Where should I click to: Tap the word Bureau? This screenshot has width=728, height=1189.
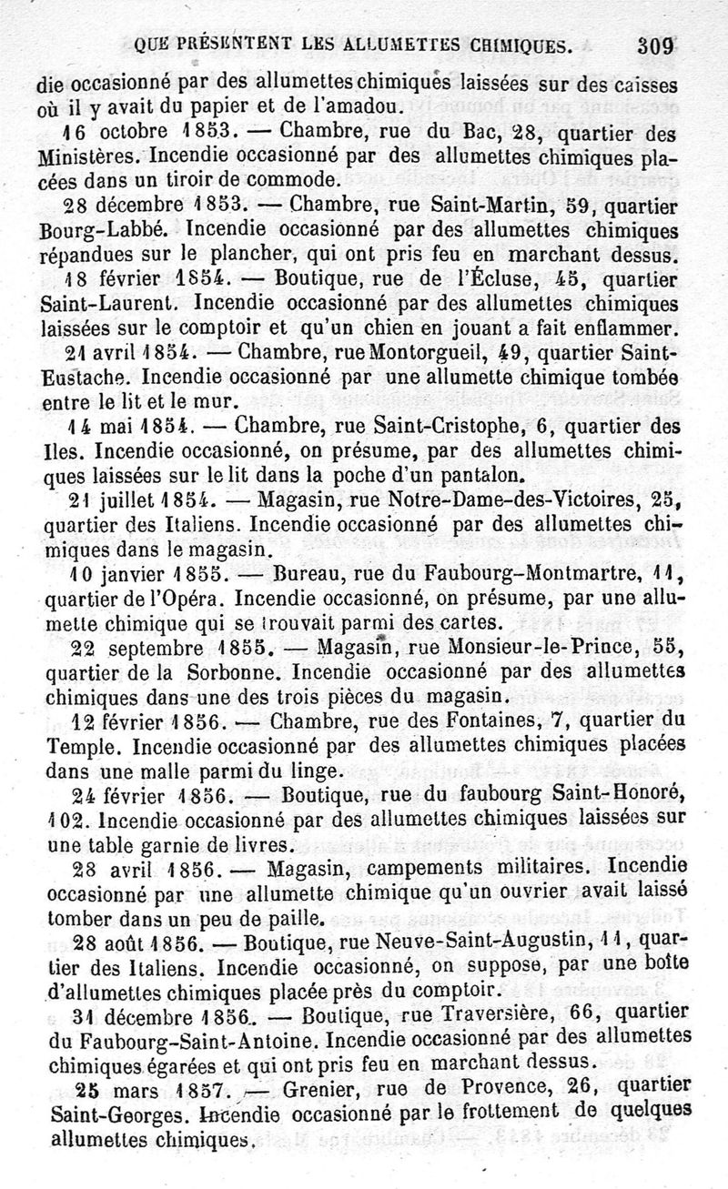pos(307,574)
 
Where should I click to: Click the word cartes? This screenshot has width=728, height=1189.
pos(463,623)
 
